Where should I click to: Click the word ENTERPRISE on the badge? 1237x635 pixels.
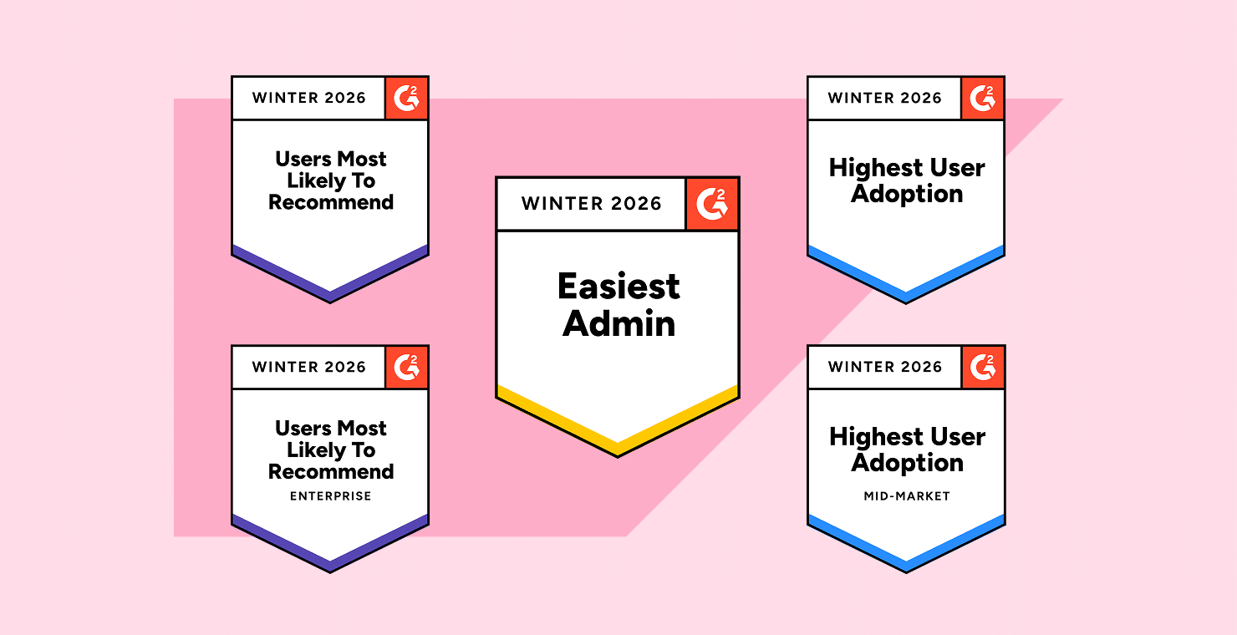(330, 495)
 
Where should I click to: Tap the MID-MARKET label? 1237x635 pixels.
(907, 495)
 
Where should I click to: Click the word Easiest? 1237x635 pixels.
(618, 287)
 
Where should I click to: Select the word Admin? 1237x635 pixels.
(618, 323)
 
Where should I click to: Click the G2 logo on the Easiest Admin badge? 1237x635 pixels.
(712, 204)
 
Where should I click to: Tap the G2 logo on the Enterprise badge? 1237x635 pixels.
(406, 367)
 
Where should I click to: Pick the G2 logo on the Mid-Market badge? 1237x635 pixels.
(982, 367)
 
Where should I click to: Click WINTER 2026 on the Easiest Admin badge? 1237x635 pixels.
(592, 204)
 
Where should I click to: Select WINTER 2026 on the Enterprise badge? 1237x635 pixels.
(308, 367)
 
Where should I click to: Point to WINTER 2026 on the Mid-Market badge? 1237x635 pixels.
(884, 367)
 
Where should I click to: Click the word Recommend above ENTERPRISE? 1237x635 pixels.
(331, 471)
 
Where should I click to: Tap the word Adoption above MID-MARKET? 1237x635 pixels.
(908, 463)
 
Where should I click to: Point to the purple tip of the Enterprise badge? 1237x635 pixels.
(330, 566)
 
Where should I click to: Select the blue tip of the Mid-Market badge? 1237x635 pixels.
(906, 566)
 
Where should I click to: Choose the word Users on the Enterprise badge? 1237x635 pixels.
(303, 429)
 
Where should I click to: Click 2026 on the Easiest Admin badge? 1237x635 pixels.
(635, 204)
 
